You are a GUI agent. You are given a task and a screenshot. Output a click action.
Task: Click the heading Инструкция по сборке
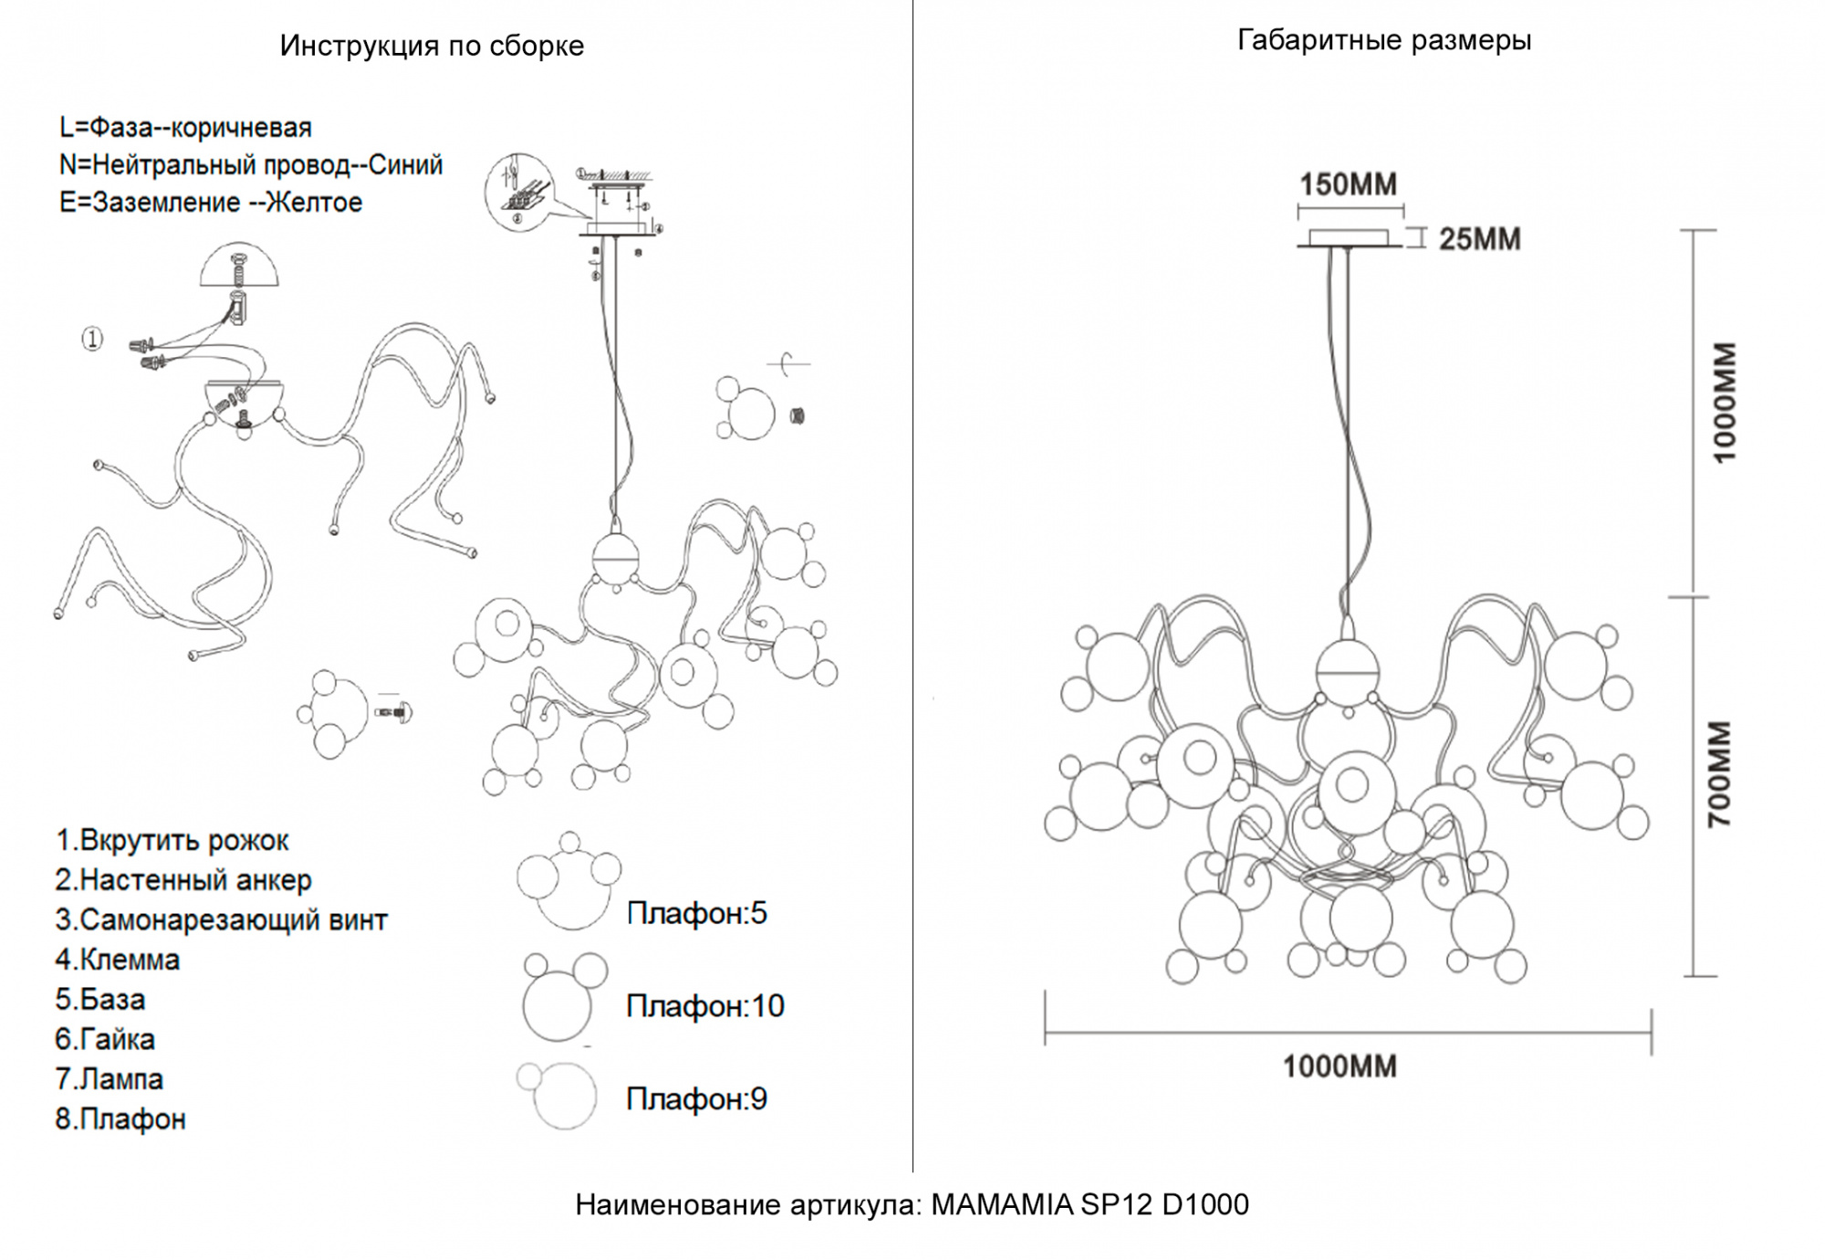click(432, 46)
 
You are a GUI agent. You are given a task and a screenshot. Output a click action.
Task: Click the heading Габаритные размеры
click(1383, 40)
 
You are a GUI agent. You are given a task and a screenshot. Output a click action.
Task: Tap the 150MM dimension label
click(1348, 184)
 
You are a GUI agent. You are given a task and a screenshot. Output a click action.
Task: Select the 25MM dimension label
click(1479, 239)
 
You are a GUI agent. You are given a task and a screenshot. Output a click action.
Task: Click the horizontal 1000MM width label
click(1340, 1066)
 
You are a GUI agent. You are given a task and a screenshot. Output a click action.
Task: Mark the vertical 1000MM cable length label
click(1724, 403)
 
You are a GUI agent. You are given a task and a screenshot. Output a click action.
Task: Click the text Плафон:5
click(696, 913)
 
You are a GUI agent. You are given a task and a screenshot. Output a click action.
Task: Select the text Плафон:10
click(704, 1006)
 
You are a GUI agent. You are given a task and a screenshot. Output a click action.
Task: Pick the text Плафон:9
click(696, 1099)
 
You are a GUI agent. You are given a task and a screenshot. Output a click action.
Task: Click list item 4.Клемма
click(117, 960)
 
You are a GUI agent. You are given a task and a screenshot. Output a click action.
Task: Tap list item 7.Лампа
click(109, 1079)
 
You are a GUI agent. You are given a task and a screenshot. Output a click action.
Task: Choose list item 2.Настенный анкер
click(182, 880)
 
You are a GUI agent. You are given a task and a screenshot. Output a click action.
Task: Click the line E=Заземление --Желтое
click(211, 203)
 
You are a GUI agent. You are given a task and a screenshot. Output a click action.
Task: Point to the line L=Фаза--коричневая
click(185, 128)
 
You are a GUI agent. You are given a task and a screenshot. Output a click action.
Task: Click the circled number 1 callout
click(92, 340)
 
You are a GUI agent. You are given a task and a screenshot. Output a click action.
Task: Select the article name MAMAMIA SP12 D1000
click(1090, 1205)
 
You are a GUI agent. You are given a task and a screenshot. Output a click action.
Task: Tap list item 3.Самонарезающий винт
click(221, 919)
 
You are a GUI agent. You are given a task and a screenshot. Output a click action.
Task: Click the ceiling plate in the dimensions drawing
click(1349, 240)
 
